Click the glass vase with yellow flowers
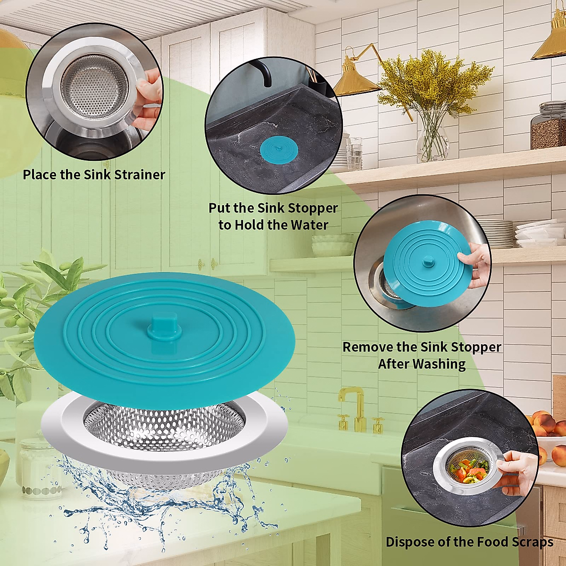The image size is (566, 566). tap(433, 137)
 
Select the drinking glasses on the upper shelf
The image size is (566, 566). tap(354, 153)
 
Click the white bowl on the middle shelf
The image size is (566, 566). tap(332, 248)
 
